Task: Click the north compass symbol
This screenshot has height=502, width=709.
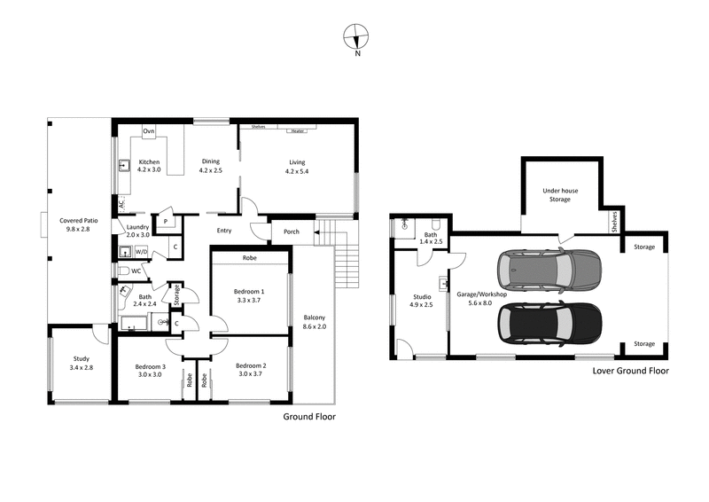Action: coord(356,37)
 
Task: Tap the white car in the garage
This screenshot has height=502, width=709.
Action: coord(548,270)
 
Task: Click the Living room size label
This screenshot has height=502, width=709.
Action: coord(296,169)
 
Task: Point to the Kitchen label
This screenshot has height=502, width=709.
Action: coord(149,162)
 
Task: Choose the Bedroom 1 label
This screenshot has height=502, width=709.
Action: coord(249,291)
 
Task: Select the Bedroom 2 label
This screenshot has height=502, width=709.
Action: coord(252,366)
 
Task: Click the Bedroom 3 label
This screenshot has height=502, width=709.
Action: coord(151,366)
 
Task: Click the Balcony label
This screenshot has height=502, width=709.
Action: coord(316,318)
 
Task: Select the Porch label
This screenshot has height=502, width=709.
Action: coord(291,232)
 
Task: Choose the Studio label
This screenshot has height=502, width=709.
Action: coord(422,297)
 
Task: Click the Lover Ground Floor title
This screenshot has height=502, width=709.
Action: coord(630,372)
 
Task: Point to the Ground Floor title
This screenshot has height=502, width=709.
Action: coord(308,416)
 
